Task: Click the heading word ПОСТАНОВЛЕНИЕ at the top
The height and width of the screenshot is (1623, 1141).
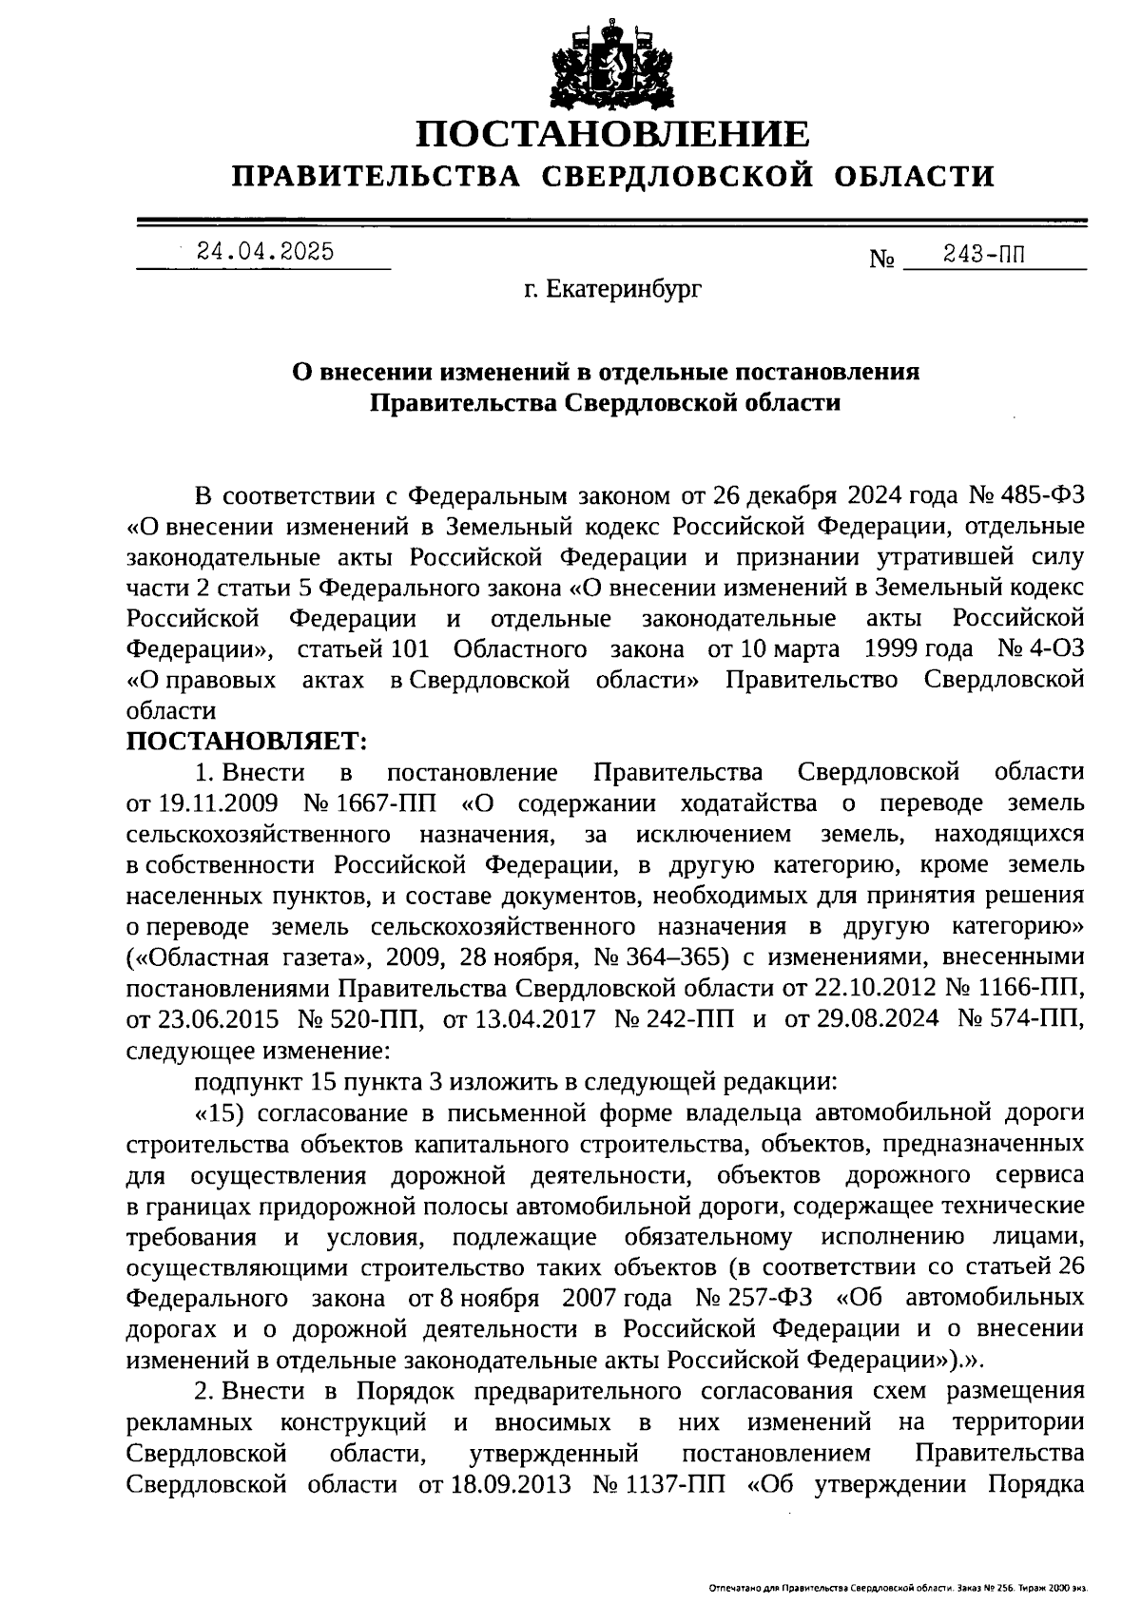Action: pos(613,135)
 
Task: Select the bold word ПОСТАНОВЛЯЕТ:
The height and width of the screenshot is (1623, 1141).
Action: pos(246,740)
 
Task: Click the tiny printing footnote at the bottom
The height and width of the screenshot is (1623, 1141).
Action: pos(898,1588)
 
